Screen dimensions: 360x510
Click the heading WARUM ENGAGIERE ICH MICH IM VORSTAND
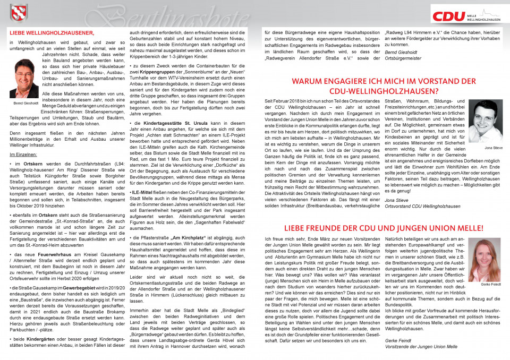(384, 82)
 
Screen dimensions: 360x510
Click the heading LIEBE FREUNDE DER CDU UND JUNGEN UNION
(384, 228)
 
